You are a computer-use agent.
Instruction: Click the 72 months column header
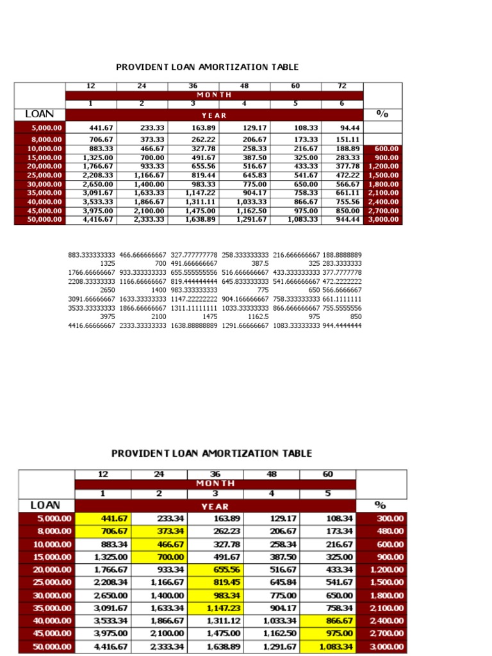pyautogui.click(x=342, y=86)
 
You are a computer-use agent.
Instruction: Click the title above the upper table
pyautogui.click(x=207, y=67)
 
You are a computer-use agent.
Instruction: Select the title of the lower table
pyautogui.click(x=212, y=453)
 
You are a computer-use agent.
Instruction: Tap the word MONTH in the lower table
pyautogui.click(x=215, y=484)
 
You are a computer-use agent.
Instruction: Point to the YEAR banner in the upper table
pyautogui.click(x=214, y=115)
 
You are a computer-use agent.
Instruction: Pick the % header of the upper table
pyautogui.click(x=382, y=114)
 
